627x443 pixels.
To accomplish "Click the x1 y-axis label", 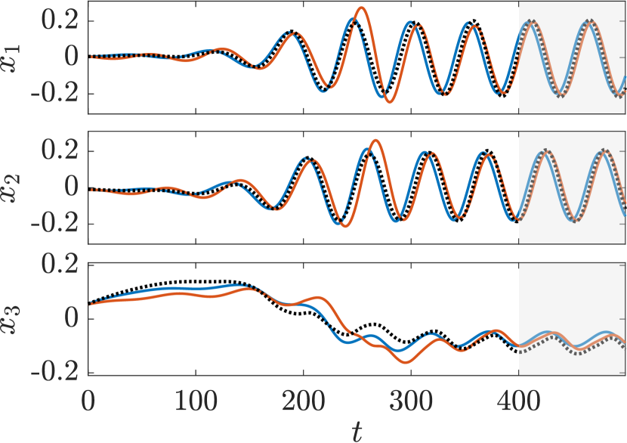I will [17, 57].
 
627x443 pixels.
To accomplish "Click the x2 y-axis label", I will [17, 187].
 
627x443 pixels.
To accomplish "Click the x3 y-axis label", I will [17, 318].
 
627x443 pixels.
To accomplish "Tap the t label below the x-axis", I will [357, 430].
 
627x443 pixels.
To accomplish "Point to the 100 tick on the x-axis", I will [196, 397].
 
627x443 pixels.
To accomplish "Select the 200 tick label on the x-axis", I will [303, 397].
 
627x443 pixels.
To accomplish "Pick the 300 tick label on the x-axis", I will [411, 397].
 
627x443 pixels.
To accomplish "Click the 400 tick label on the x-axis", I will [518, 397].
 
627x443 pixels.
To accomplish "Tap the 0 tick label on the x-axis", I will [88, 397].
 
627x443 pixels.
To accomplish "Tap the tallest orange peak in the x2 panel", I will [375, 141].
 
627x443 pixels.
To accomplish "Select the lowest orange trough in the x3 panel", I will [407, 363].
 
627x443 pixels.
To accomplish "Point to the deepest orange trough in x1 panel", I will [389, 102].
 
